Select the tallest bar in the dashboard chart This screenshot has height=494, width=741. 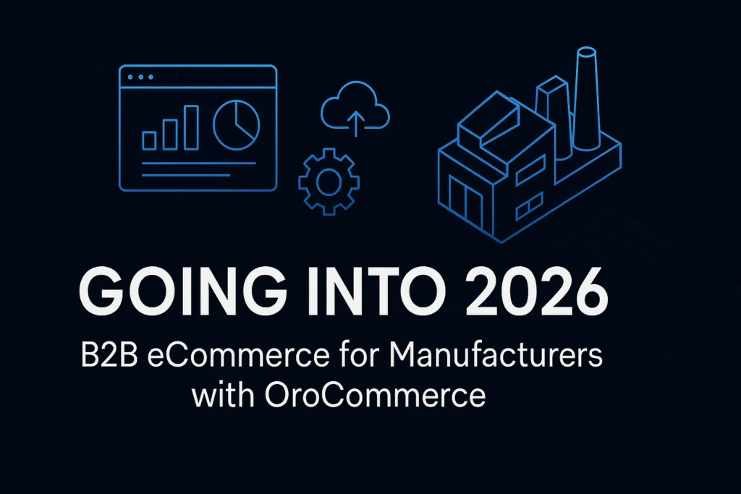click(191, 127)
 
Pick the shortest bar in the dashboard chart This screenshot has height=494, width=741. click(150, 140)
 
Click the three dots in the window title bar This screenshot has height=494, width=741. click(140, 77)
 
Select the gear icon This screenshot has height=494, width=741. click(329, 180)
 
